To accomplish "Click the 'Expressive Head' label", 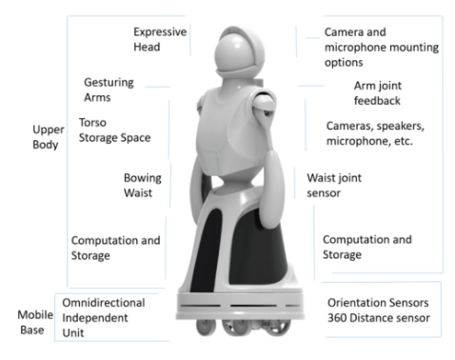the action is tap(160, 39).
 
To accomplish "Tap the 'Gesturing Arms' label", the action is tap(109, 90).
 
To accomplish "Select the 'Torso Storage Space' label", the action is tap(114, 130).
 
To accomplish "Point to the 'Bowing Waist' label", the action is tap(143, 186).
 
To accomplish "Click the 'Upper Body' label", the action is tap(49, 137).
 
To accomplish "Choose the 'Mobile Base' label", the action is tap(35, 322).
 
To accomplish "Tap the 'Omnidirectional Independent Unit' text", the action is tap(104, 318).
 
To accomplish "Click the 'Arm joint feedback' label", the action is tap(378, 93).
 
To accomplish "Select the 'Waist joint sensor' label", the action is tap(334, 186).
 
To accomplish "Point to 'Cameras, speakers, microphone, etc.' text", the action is tap(375, 133).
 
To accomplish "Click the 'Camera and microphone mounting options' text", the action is tap(382, 47).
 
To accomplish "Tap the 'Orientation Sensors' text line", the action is tap(378, 303).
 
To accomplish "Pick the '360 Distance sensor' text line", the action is tap(379, 318).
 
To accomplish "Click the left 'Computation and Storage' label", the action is tap(115, 248).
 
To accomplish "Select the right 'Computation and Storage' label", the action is tap(367, 247).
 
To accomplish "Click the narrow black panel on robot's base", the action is tap(205, 250).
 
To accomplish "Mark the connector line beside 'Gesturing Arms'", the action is tap(157, 87).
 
